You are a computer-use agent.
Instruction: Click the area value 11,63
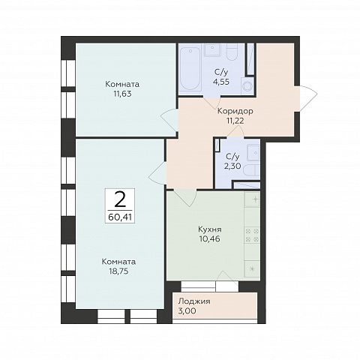tap(122, 94)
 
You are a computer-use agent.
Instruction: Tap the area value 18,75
tap(118, 271)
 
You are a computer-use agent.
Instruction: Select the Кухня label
tap(210, 229)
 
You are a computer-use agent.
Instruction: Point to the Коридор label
tap(235, 111)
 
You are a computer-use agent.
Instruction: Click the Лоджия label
tap(194, 301)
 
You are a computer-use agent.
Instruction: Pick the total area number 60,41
tap(120, 217)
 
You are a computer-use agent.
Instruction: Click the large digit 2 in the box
tap(120, 199)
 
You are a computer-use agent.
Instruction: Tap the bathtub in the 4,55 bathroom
tap(190, 68)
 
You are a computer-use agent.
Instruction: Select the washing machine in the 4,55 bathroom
tap(247, 85)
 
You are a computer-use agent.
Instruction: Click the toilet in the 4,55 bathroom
tap(232, 52)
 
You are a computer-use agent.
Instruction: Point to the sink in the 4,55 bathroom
tap(212, 49)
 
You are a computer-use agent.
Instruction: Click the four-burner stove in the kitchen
tap(252, 235)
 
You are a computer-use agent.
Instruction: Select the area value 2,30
tap(232, 166)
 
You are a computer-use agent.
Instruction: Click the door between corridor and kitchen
tap(185, 198)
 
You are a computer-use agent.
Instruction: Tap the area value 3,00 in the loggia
tap(187, 311)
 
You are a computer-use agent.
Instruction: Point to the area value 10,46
tap(210, 238)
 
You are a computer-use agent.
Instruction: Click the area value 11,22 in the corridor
tap(235, 121)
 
